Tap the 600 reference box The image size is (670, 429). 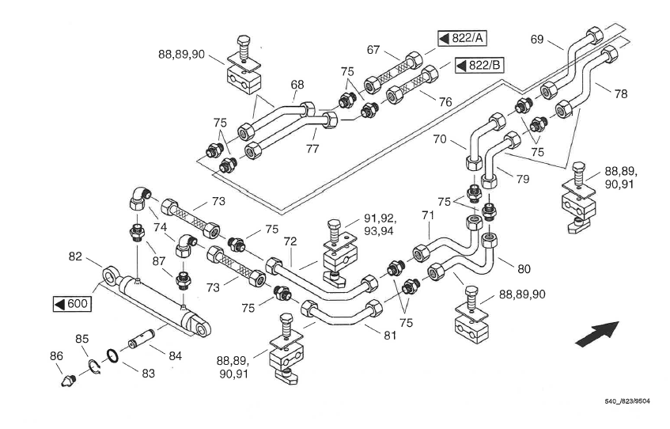[x=72, y=304]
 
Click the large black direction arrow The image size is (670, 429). [x=595, y=332]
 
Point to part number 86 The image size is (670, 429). [x=56, y=357]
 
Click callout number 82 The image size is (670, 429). [x=76, y=256]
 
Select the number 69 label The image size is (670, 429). [x=537, y=39]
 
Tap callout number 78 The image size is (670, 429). [x=621, y=93]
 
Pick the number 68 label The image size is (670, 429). [x=297, y=85]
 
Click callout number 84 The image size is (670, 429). [x=175, y=356]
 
